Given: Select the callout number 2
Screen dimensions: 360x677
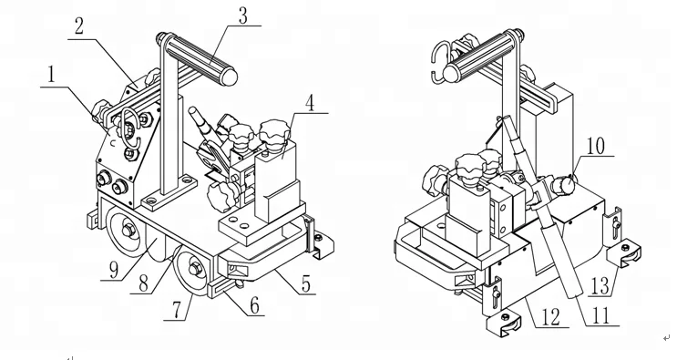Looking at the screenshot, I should (78, 26).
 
